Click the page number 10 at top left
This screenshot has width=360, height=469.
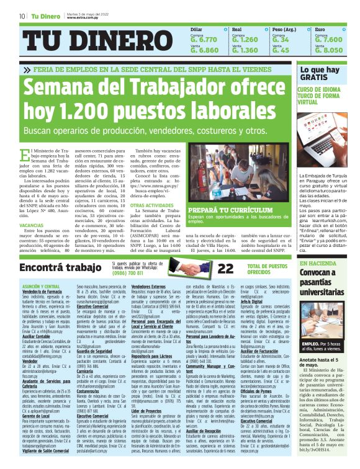tap(22, 16)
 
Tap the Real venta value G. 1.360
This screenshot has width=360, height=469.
tap(245, 50)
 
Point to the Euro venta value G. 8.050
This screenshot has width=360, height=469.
tap(328, 50)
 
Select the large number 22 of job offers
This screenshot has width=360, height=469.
tap(208, 269)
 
